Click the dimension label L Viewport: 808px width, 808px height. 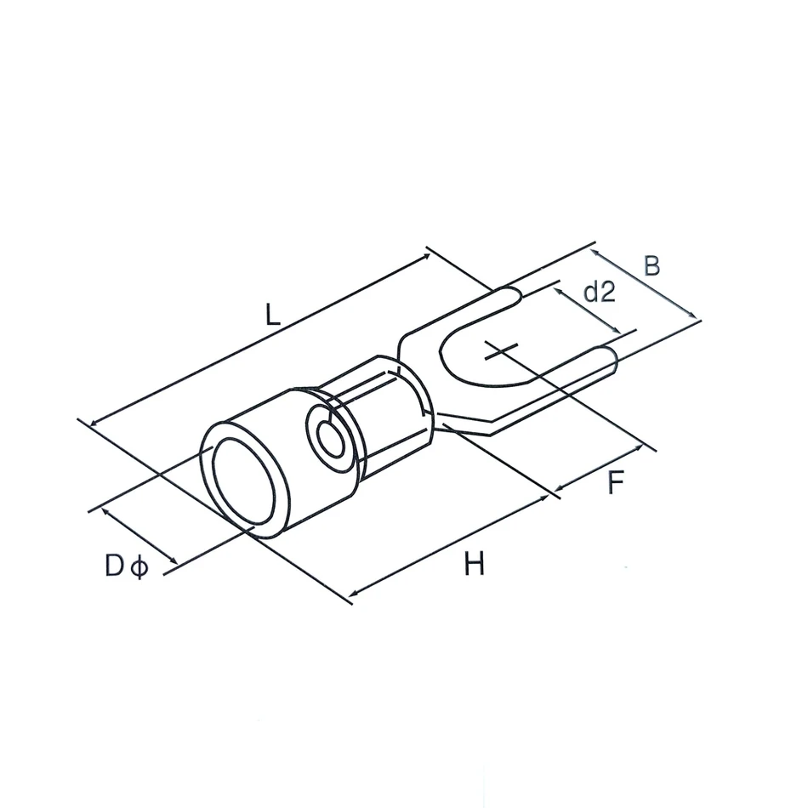(x=272, y=315)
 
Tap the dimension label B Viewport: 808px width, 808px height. (x=652, y=266)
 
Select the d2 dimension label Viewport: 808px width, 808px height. (x=600, y=293)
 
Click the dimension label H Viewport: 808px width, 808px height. (x=474, y=563)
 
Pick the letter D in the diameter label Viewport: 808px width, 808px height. (x=115, y=566)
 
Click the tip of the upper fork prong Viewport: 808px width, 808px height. (x=521, y=296)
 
